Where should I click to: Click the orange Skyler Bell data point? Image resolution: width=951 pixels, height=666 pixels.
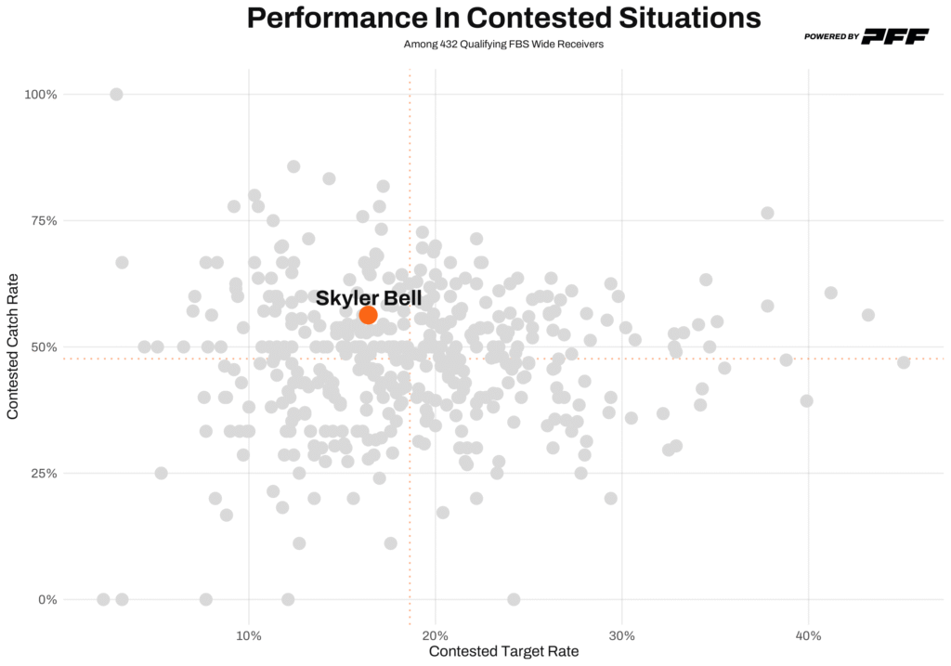click(x=368, y=315)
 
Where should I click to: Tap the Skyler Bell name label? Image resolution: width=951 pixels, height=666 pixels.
click(x=369, y=298)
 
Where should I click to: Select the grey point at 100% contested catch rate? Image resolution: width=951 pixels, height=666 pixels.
click(x=116, y=94)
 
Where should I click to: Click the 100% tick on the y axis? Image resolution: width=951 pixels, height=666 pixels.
click(x=41, y=95)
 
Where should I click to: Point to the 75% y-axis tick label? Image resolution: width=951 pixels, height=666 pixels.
click(x=44, y=221)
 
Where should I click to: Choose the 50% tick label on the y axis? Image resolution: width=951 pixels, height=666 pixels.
click(x=44, y=347)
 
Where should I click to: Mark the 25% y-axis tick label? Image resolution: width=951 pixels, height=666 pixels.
click(x=44, y=474)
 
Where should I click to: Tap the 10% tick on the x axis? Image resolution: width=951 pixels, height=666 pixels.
click(x=248, y=635)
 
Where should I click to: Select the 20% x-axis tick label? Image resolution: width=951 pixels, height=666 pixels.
click(x=436, y=635)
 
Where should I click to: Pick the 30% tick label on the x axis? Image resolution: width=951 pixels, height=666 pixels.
click(x=622, y=635)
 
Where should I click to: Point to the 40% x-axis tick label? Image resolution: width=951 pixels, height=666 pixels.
click(x=809, y=635)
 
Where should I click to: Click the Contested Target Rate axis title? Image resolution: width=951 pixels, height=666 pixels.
click(x=503, y=652)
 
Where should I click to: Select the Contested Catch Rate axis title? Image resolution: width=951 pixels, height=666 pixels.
click(x=13, y=346)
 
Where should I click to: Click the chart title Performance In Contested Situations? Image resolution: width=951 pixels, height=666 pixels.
click(x=504, y=18)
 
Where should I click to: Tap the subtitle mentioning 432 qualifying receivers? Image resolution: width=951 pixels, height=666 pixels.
click(x=504, y=44)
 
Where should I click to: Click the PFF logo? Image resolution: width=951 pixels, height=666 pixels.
click(x=895, y=36)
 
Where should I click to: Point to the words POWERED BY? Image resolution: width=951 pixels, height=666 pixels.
click(x=830, y=37)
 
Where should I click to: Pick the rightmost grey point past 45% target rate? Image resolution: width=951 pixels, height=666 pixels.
click(x=904, y=362)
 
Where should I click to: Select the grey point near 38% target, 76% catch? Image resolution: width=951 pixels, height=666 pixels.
click(x=768, y=213)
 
